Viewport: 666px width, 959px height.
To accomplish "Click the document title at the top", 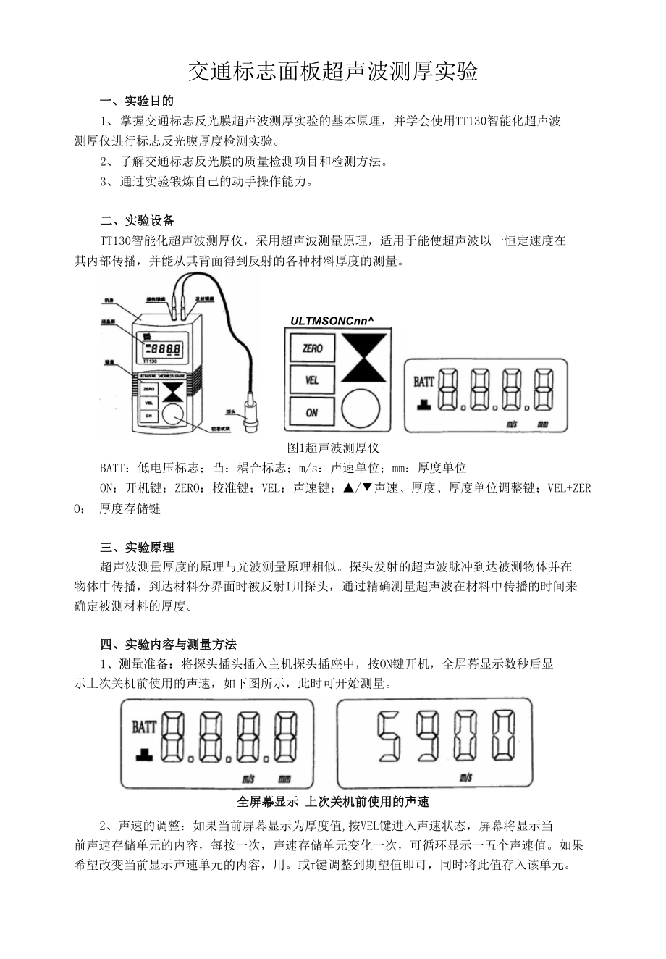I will click(x=333, y=71).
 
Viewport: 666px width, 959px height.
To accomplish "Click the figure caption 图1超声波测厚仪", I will click(x=333, y=448).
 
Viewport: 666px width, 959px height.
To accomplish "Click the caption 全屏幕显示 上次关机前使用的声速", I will click(x=333, y=801).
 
